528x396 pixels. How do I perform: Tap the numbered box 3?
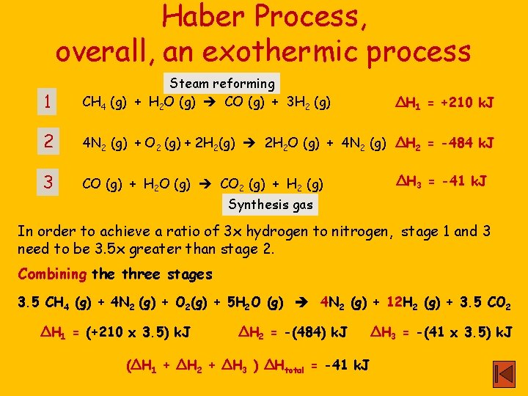[48, 180]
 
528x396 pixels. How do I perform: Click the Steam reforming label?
[222, 84]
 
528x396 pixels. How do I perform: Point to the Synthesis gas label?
[271, 205]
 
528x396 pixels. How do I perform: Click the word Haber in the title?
[208, 16]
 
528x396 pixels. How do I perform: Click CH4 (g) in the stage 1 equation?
[106, 103]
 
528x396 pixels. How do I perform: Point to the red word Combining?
[52, 275]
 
